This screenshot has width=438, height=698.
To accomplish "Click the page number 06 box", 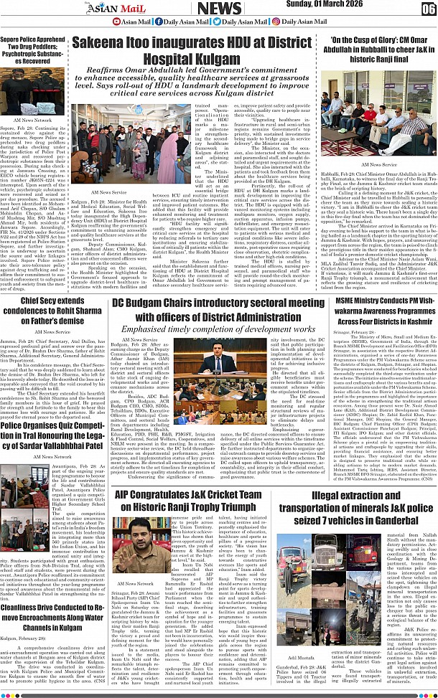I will click(x=428, y=9).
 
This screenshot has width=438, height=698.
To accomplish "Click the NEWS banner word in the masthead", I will click(x=219, y=9).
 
